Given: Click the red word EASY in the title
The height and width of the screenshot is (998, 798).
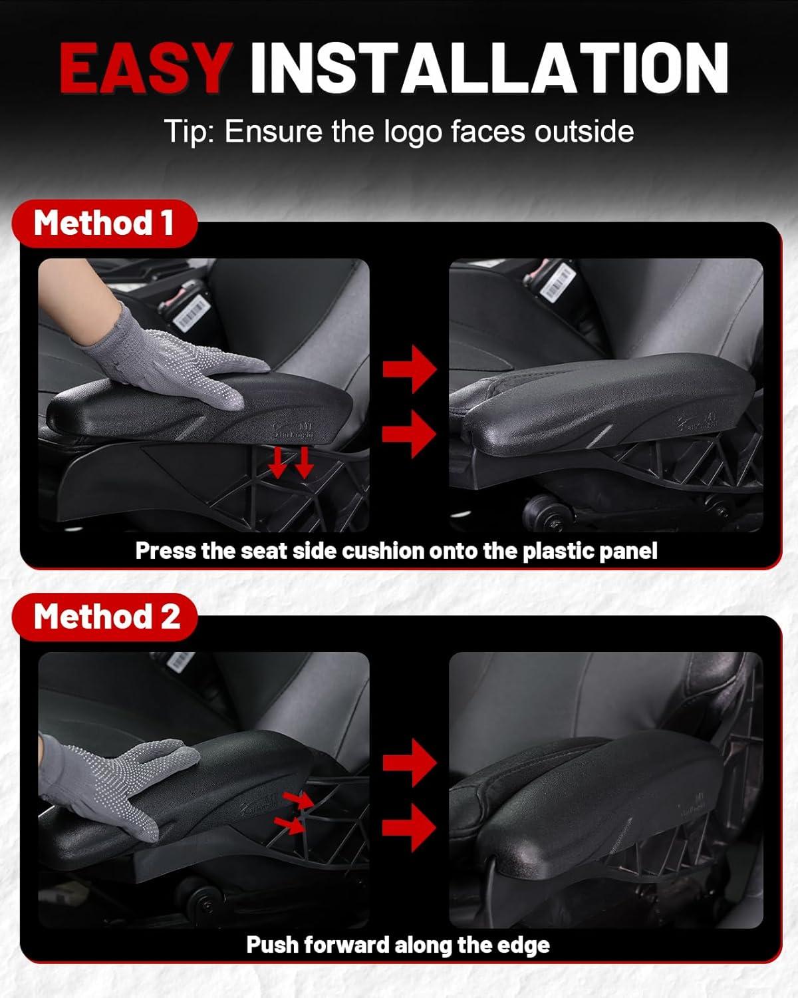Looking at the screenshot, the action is coord(146,68).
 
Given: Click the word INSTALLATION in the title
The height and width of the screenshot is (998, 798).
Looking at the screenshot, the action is coord(489,68).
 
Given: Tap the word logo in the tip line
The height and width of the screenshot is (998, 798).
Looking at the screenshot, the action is coord(414,132).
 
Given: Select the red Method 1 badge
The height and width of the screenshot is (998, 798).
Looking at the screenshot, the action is coord(104,223).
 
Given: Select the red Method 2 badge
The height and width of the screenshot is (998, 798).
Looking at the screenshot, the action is coord(105,617).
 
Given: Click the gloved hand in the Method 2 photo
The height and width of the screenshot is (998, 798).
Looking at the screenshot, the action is coord(116,784).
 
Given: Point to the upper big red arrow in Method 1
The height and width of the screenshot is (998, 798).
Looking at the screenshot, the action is coord(410,369).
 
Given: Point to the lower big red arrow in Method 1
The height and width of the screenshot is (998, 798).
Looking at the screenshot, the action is coord(410,434).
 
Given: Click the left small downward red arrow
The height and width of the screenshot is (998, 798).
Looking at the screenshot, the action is coord(277,462).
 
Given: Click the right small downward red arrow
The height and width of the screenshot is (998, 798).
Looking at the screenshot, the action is coord(304,462).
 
